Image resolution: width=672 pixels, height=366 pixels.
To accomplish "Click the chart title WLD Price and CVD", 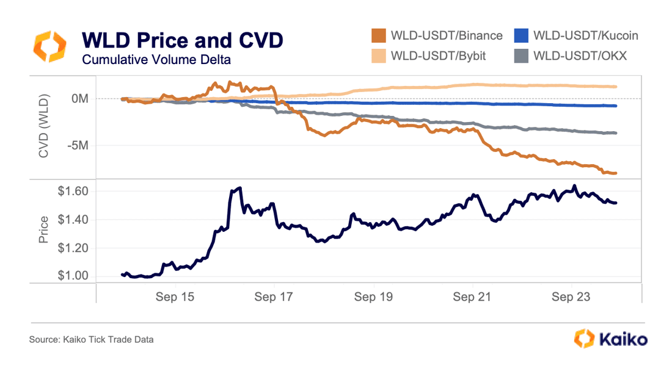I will click(182, 40).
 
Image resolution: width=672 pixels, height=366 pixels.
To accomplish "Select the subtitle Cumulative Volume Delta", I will click(156, 60).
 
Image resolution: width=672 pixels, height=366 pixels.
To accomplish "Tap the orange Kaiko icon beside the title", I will click(49, 47).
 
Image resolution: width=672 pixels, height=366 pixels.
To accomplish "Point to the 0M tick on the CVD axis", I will click(79, 98).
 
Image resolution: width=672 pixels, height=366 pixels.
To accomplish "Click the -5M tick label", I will click(77, 146).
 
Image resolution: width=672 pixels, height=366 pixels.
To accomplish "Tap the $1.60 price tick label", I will click(73, 191).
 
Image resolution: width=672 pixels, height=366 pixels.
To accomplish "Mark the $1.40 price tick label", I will click(73, 220).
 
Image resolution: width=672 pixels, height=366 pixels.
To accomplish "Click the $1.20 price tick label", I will click(73, 248).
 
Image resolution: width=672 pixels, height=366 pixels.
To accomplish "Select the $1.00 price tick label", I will click(73, 276).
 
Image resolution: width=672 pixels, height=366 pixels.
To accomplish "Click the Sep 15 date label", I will click(175, 297).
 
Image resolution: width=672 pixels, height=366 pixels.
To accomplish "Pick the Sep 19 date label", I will click(373, 297).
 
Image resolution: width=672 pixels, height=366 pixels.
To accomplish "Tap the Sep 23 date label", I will click(571, 297).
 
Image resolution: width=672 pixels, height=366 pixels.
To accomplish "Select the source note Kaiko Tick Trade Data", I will click(91, 339).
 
